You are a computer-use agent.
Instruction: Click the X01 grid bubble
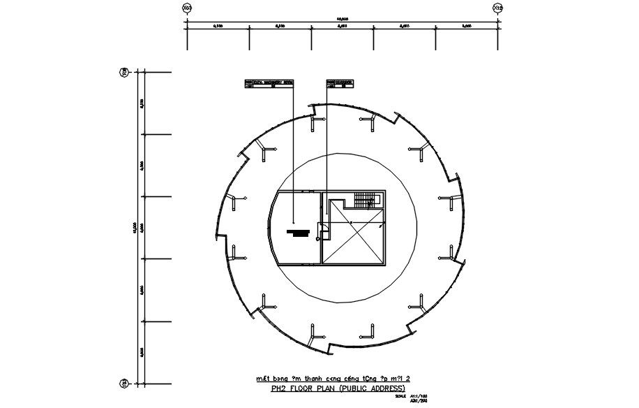point(187,8)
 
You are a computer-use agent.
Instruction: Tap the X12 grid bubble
point(497,8)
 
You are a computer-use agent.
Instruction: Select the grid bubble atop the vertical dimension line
point(124,72)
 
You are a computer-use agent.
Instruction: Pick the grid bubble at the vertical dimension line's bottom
point(124,382)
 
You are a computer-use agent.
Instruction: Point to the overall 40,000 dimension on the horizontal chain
point(342,18)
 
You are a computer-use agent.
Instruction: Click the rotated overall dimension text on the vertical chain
point(134,227)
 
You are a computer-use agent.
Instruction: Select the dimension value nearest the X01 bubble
point(218,27)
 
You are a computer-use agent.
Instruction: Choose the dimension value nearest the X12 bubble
point(466,27)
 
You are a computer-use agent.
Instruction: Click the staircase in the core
point(364,201)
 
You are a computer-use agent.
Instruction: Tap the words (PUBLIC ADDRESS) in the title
point(372,388)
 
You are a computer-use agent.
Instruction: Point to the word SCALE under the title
point(400,395)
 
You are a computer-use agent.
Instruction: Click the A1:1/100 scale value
point(419,395)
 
